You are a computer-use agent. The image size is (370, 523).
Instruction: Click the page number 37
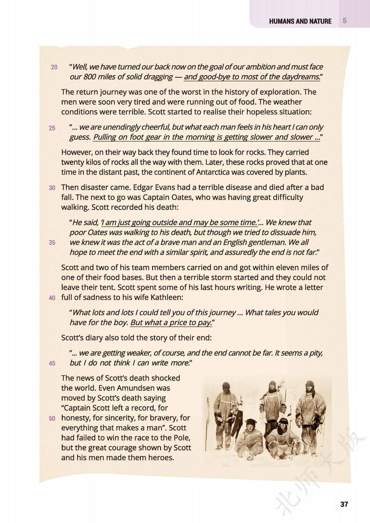[x=344, y=504]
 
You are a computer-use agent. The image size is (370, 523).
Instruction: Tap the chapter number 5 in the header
[x=345, y=21]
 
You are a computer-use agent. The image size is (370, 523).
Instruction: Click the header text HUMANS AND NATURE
[x=300, y=21]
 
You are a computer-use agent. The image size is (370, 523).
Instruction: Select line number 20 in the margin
[x=54, y=67]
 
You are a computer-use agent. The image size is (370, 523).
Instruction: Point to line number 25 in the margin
[x=52, y=128]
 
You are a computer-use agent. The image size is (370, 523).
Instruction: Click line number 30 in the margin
[x=52, y=188]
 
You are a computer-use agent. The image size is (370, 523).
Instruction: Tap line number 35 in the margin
[x=52, y=243]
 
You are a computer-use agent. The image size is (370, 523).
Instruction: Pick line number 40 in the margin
[x=52, y=298]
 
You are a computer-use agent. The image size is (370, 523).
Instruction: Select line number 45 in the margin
[x=52, y=363]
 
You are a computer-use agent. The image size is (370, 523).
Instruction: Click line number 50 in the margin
[x=52, y=418]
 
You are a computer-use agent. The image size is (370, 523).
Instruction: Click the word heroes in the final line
[x=160, y=457]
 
